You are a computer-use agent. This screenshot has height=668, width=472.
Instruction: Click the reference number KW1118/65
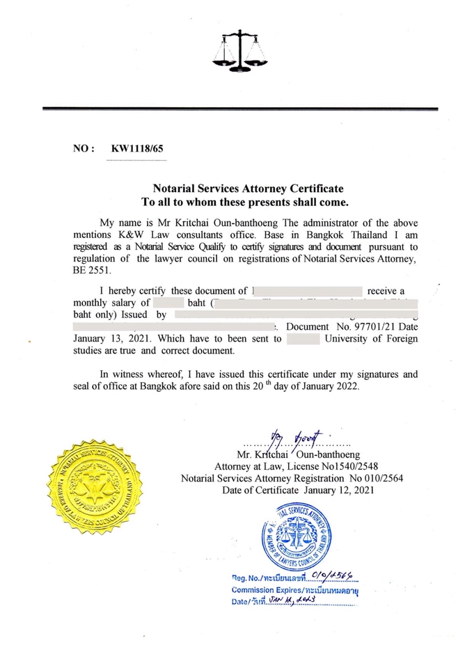[x=139, y=149]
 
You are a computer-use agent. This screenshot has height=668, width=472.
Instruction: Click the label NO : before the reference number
[x=84, y=149]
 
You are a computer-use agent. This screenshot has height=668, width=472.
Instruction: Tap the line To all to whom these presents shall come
[x=244, y=202]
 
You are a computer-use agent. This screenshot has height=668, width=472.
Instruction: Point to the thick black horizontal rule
[x=239, y=109]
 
